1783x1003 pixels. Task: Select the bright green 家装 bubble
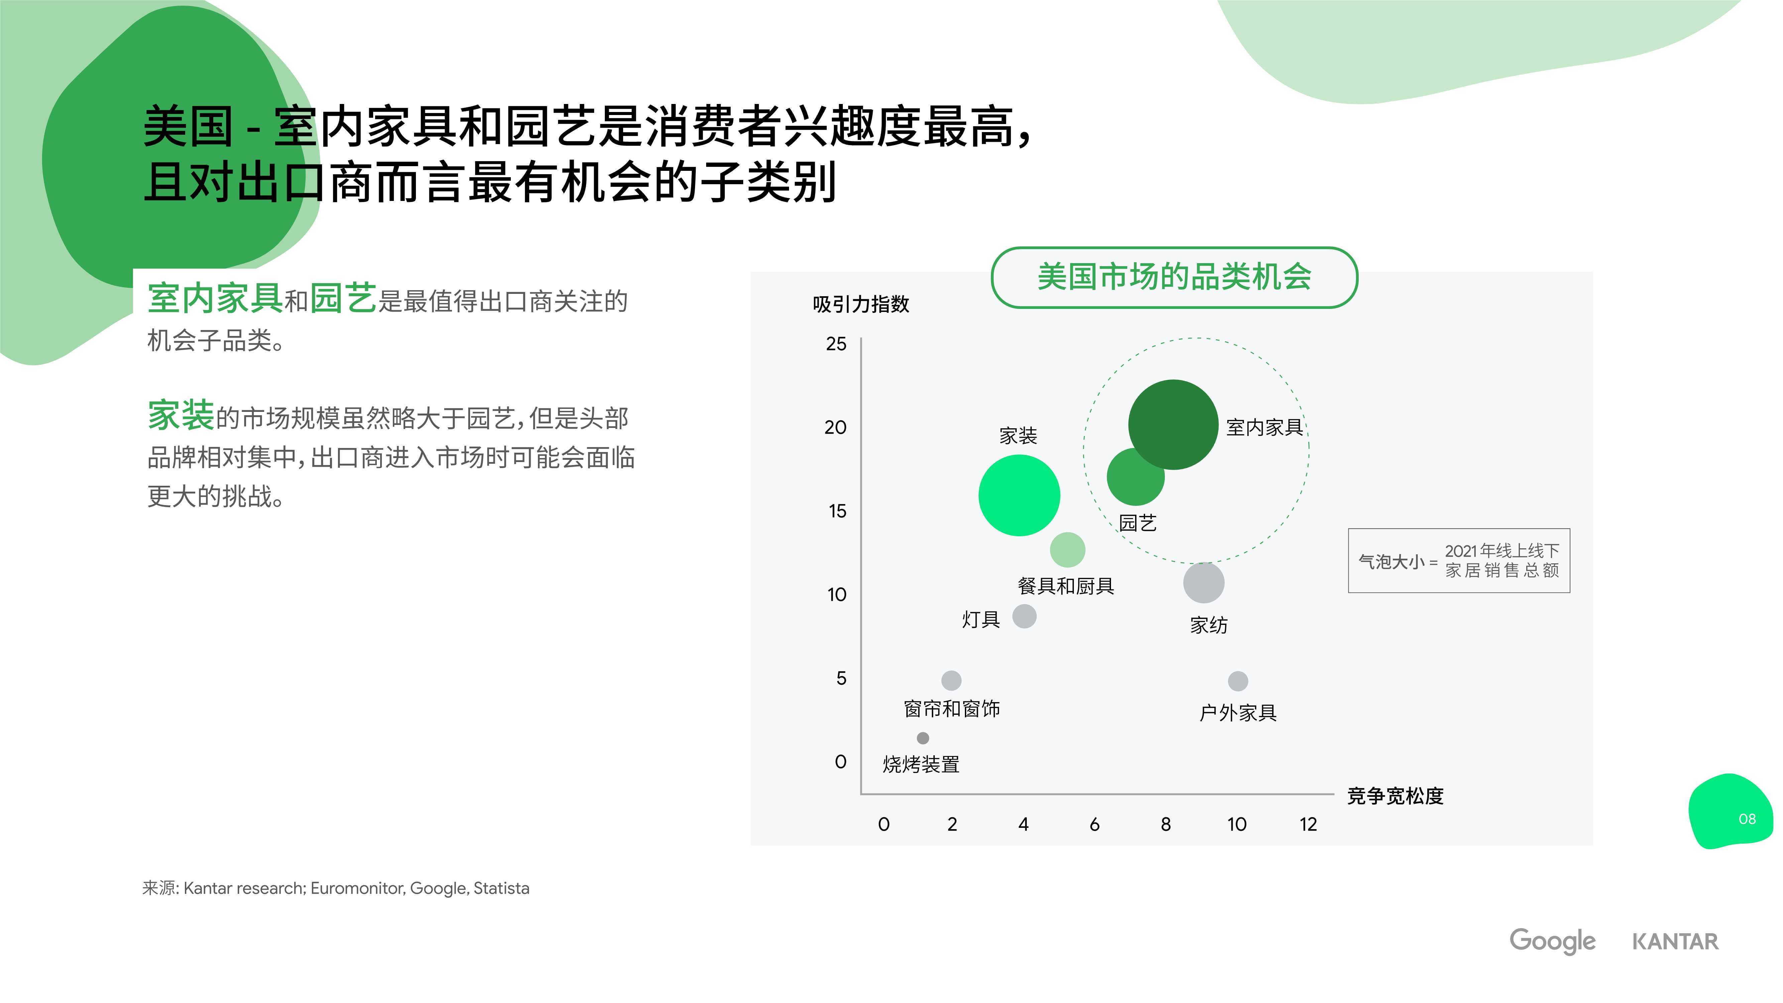pos(1019,495)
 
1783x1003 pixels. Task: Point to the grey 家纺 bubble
pos(1204,582)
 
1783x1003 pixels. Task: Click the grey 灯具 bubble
pos(1024,616)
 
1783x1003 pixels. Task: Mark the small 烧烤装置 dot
pos(923,738)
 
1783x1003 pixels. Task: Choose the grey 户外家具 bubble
pos(1238,681)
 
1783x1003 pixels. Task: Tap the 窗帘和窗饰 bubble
pos(952,680)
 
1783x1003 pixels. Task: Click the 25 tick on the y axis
pos(836,344)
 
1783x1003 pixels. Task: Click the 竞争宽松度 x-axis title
pos(1396,796)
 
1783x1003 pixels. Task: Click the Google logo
pos(1553,941)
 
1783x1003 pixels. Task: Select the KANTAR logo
pos(1675,941)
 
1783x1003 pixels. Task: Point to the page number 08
pos(1747,819)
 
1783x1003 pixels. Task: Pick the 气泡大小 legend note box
pos(1459,561)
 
